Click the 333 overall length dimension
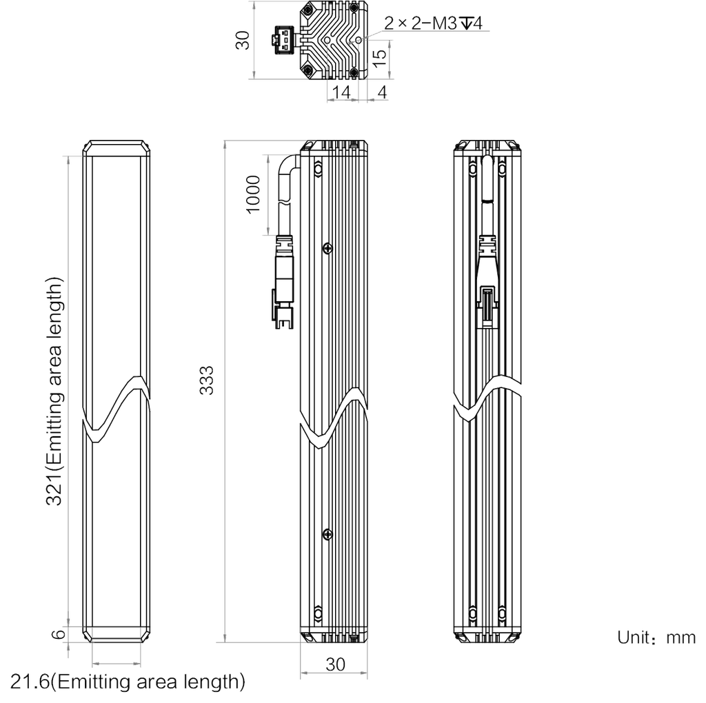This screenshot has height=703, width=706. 207,380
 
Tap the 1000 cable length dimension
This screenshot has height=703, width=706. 253,194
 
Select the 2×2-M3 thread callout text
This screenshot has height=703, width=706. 433,23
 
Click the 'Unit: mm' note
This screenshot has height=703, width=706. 656,638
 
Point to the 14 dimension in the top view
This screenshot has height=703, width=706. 341,92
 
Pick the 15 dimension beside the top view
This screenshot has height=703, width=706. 380,58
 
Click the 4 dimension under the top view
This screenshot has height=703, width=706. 382,92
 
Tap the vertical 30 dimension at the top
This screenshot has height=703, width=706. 243,39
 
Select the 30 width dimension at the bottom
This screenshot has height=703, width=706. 336,664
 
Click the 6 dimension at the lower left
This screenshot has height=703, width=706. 59,634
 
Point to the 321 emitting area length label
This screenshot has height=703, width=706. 54,391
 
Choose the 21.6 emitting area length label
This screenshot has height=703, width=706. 128,682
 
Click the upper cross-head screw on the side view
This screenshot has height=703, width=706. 327,248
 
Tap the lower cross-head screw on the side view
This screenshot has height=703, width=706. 327,535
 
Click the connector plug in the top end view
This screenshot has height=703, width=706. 283,39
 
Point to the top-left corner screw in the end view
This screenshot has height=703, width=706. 308,8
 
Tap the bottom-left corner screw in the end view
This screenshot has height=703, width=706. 308,71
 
